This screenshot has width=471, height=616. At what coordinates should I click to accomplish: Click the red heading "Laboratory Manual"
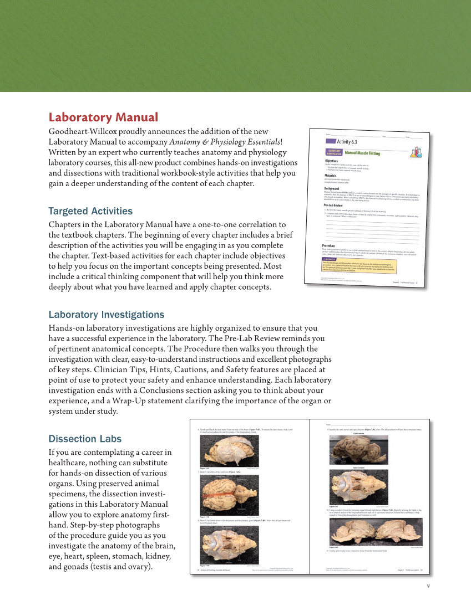click(x=103, y=117)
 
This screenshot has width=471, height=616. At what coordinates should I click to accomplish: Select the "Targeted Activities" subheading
click(x=90, y=211)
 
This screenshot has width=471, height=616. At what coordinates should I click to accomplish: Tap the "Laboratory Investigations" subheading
click(x=106, y=315)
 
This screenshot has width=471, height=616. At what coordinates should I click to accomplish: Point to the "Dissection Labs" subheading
click(x=85, y=439)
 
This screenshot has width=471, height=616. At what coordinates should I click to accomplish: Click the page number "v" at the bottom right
click(x=427, y=586)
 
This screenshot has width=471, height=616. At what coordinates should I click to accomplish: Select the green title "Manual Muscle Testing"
click(x=362, y=153)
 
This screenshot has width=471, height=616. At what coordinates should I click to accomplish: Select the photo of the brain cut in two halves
click(x=376, y=532)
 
